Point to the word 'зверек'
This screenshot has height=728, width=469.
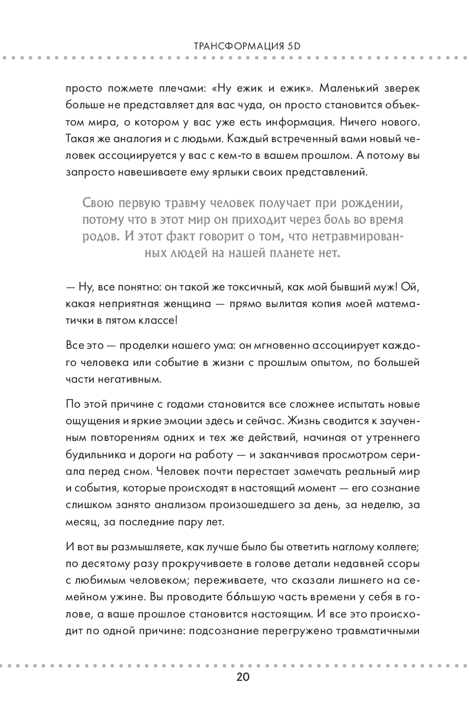[x=402, y=89]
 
